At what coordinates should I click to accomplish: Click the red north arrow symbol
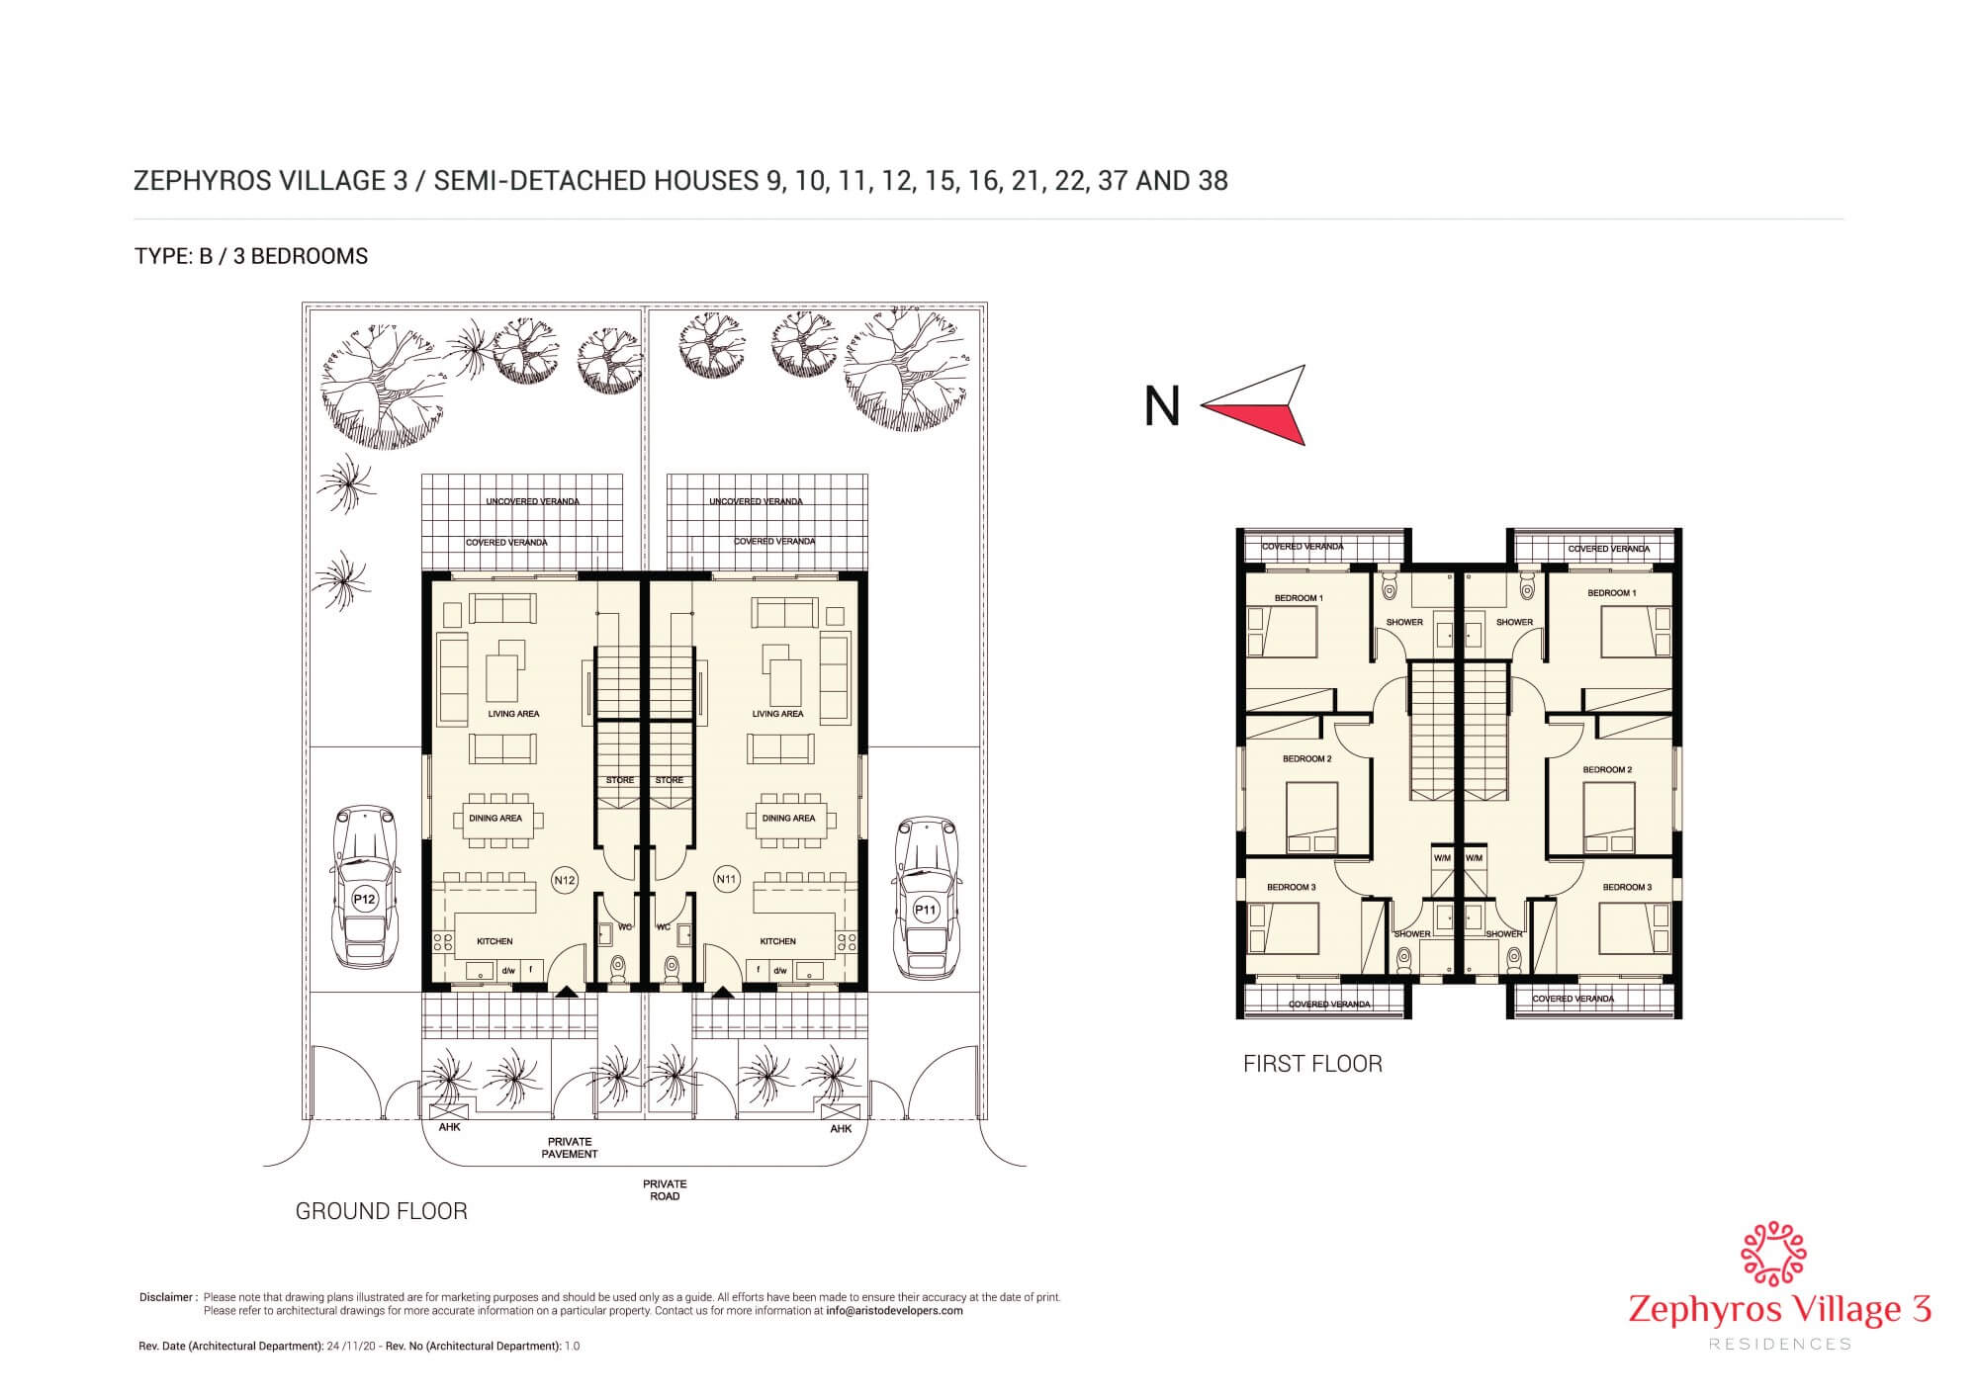click(1256, 405)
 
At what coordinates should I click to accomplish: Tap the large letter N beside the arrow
click(1162, 406)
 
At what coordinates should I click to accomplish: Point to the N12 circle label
click(565, 879)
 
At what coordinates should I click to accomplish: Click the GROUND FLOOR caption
click(382, 1211)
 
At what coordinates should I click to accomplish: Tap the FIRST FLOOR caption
click(1312, 1064)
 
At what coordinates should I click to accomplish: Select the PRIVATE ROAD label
click(665, 1189)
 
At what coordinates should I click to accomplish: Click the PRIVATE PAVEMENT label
click(570, 1147)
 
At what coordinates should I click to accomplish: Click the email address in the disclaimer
click(894, 1311)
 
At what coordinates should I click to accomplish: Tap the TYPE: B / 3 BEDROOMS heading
click(251, 256)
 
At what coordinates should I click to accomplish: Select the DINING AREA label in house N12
click(495, 819)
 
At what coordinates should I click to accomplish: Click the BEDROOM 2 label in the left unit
click(1307, 759)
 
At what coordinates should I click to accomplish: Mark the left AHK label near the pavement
click(449, 1127)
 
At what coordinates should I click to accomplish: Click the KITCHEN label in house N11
click(778, 942)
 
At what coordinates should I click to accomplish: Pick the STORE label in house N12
click(620, 780)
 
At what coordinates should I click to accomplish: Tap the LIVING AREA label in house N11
click(777, 714)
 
